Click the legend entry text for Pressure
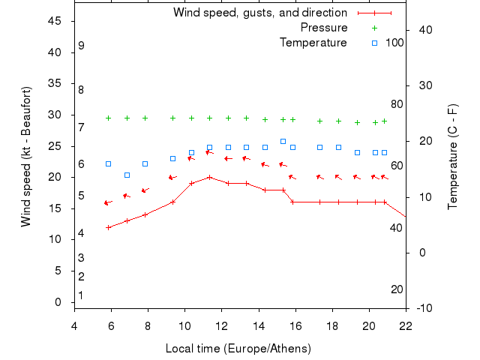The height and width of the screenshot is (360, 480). click(324, 28)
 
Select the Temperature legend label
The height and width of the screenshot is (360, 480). click(313, 43)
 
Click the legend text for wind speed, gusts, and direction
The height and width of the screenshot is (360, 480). click(259, 13)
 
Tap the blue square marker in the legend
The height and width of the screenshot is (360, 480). click(375, 43)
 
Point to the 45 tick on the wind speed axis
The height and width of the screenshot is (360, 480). click(55, 21)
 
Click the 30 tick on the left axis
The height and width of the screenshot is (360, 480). click(55, 115)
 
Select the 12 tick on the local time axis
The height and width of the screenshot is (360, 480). click(221, 325)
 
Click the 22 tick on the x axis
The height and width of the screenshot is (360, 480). click(406, 325)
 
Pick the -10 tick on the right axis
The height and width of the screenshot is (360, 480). click(424, 307)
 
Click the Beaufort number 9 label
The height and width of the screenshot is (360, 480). click(81, 46)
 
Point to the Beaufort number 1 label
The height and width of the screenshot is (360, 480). click(81, 295)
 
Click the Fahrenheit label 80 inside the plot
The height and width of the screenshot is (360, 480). click(397, 104)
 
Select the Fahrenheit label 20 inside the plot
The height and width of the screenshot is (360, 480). click(397, 289)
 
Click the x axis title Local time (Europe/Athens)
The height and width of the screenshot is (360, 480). click(238, 349)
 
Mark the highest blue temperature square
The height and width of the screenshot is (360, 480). click(283, 141)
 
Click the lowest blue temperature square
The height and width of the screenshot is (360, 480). click(127, 175)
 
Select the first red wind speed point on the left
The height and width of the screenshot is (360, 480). click(109, 227)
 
